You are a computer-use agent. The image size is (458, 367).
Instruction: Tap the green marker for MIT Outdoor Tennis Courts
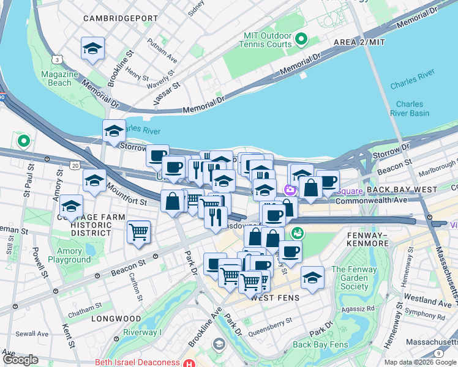point(301,41)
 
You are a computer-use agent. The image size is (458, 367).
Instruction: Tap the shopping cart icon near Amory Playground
point(139,232)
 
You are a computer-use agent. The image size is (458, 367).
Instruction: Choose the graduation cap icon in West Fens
point(312,278)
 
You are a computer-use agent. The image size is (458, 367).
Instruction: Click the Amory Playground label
point(69,255)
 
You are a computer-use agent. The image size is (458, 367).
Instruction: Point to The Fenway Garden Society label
point(355,278)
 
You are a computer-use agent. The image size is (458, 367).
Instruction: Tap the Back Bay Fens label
point(320,344)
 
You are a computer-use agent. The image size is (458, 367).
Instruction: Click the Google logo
point(20,360)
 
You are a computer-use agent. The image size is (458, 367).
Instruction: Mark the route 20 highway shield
point(74,166)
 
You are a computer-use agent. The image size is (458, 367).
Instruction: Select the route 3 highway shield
point(57,59)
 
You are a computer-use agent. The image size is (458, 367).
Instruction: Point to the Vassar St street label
point(163,94)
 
